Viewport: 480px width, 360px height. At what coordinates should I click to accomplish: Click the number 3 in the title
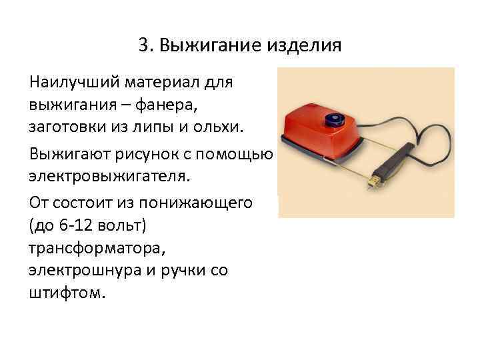(144, 46)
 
